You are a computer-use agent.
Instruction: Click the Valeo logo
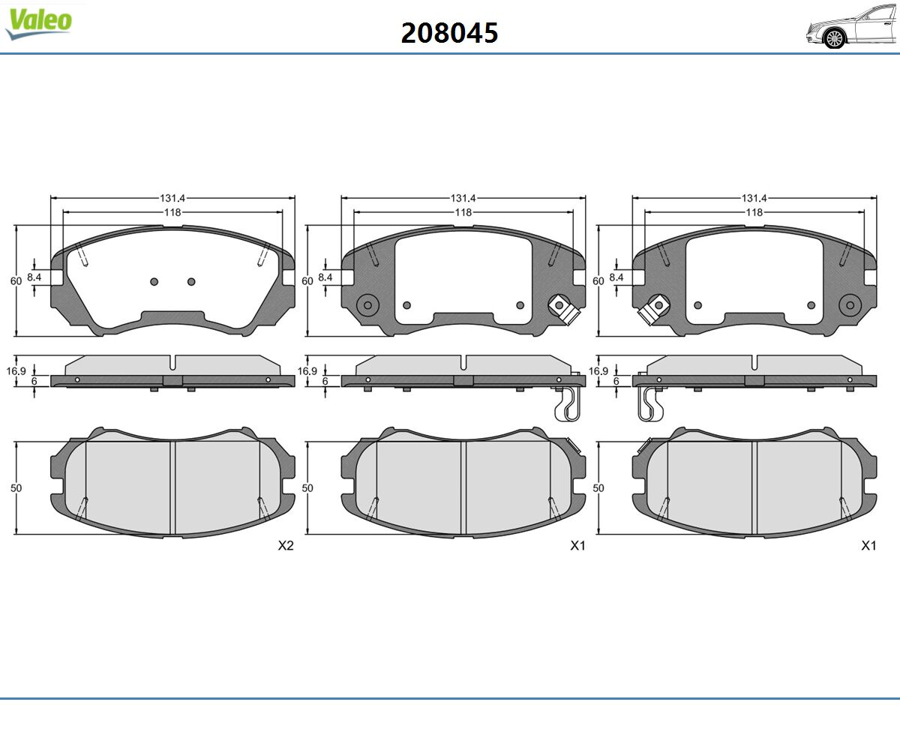(38, 24)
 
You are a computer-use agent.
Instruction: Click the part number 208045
(449, 33)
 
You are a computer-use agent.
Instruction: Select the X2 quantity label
(286, 546)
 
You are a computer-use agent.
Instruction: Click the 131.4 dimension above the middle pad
(463, 198)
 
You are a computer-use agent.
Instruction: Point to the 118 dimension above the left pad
(172, 212)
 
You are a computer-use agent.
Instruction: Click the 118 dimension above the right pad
(754, 212)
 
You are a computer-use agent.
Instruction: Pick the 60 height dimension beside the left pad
(16, 281)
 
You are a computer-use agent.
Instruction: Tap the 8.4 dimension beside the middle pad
(325, 277)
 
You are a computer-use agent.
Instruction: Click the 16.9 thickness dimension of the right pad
(598, 371)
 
